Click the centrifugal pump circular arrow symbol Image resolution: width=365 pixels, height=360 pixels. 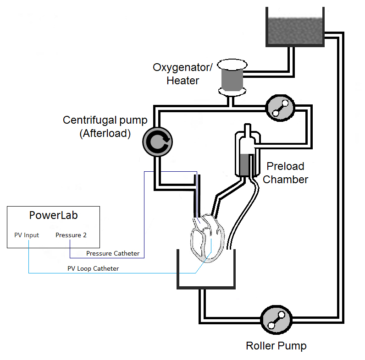point(158,142)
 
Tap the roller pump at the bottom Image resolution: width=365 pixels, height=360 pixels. point(277,320)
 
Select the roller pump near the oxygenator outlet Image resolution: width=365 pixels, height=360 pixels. point(280,108)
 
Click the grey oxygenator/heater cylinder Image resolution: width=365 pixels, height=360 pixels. point(232,80)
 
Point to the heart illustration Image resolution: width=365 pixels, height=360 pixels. point(208,238)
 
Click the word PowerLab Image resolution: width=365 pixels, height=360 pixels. point(53,215)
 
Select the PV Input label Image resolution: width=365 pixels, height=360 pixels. point(27,235)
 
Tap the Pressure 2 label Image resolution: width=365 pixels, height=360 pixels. point(71,235)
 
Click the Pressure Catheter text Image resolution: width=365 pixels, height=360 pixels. point(113,253)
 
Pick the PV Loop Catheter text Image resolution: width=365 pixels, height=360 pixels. point(93,268)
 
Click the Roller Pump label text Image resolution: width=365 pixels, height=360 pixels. point(276,346)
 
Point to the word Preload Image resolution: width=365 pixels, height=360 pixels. point(285,166)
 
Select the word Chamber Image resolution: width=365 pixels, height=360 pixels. point(285,180)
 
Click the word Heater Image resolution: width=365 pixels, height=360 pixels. point(183,81)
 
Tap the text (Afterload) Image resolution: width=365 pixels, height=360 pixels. point(105,133)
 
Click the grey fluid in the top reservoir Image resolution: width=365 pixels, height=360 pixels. point(295,31)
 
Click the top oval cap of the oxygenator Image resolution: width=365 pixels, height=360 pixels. point(232,65)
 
